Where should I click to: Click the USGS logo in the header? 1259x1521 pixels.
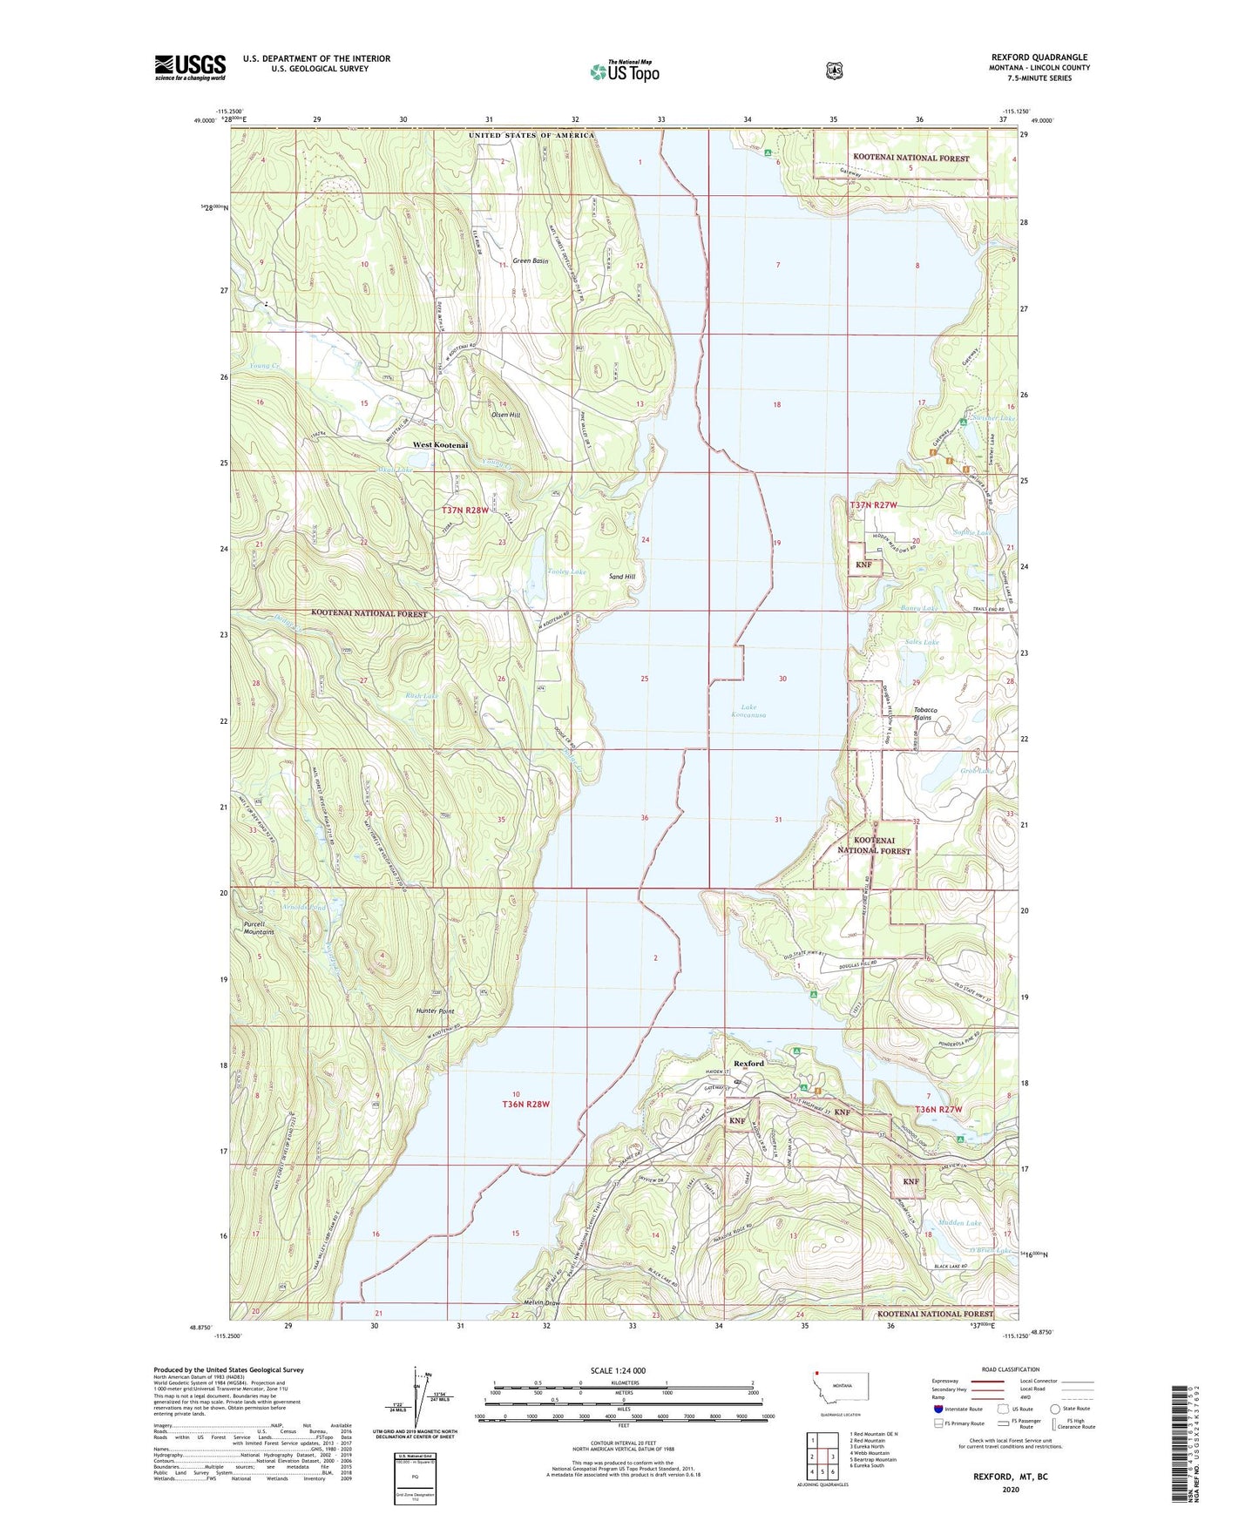pos(190,67)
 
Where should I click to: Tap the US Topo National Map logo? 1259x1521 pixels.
pos(624,71)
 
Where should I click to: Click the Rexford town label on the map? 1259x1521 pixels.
pos(748,1064)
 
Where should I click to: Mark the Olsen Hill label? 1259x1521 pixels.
pos(504,416)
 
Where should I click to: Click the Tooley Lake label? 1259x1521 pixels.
pos(566,572)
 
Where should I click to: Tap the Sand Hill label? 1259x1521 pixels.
pos(622,578)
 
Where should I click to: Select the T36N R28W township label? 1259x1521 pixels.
pos(526,1104)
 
